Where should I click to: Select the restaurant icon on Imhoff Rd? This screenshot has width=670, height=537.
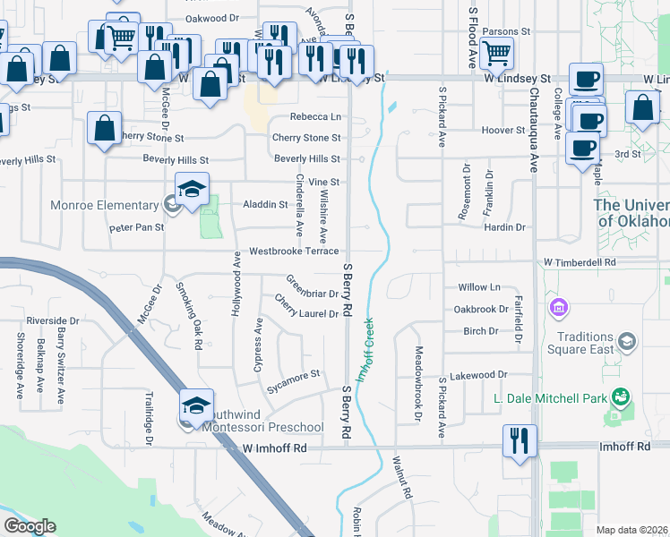(x=520, y=440)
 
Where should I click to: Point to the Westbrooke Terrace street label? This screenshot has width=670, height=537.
(x=294, y=251)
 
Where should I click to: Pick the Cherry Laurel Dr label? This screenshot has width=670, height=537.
(x=306, y=307)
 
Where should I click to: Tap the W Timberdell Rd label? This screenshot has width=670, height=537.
(x=580, y=263)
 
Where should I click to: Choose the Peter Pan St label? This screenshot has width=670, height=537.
(x=137, y=227)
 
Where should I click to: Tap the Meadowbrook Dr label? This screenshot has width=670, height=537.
(x=417, y=383)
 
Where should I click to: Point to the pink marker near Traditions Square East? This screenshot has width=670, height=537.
(x=560, y=309)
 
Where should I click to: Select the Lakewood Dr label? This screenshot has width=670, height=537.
(x=478, y=376)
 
